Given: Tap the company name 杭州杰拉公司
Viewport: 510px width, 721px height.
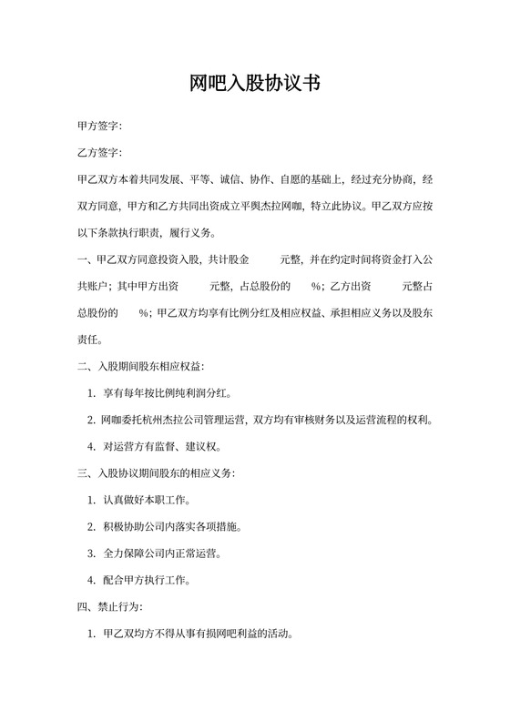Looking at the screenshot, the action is pyautogui.click(x=171, y=421).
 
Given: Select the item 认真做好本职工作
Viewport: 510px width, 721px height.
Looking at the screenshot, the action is pyautogui.click(x=146, y=501).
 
